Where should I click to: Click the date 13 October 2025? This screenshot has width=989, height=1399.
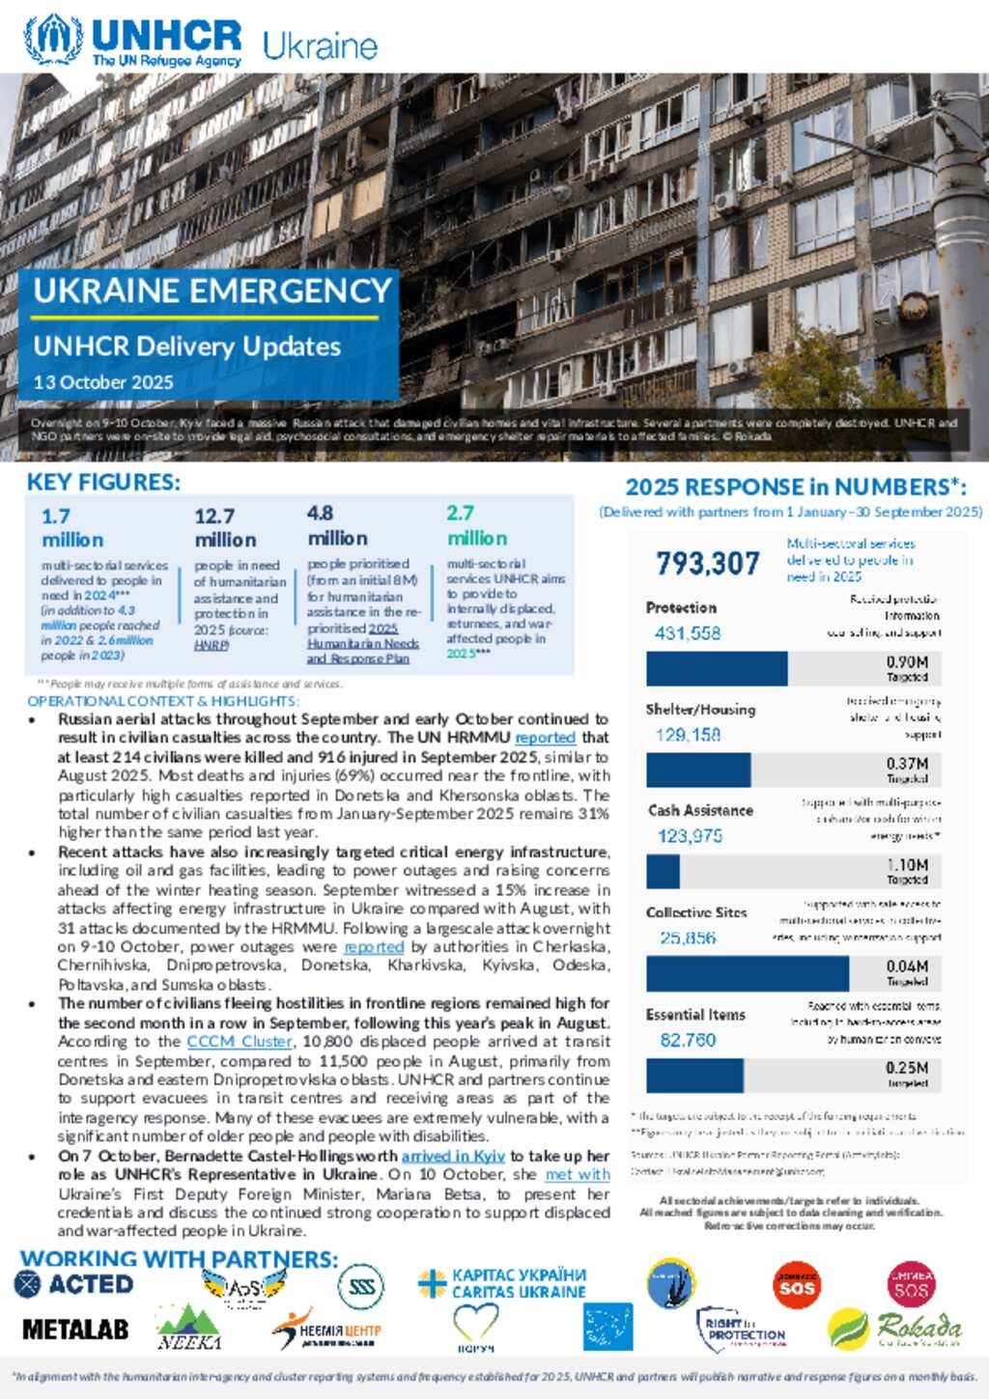[103, 382]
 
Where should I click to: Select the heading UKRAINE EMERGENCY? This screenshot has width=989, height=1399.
[212, 291]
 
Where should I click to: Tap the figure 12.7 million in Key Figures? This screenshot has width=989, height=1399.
[225, 527]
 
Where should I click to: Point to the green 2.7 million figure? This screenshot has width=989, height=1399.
[476, 526]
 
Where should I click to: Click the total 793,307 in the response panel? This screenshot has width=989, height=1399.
[708, 563]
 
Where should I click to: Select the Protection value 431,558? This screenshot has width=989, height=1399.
[688, 633]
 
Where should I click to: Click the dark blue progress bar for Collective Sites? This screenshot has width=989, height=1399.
[747, 973]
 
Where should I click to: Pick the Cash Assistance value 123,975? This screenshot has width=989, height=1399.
[690, 836]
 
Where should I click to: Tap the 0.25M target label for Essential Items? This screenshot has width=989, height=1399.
[907, 1068]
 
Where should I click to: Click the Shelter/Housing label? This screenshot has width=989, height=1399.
[700, 709]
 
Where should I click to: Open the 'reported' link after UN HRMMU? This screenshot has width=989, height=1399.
[545, 738]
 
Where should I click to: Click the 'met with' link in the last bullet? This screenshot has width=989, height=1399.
[578, 1175]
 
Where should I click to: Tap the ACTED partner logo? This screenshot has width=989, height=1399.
[74, 1284]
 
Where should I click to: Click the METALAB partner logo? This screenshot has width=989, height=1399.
[75, 1329]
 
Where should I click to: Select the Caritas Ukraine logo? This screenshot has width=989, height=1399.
[502, 1283]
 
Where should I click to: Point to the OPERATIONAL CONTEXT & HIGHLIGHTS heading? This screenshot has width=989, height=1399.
[163, 701]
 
